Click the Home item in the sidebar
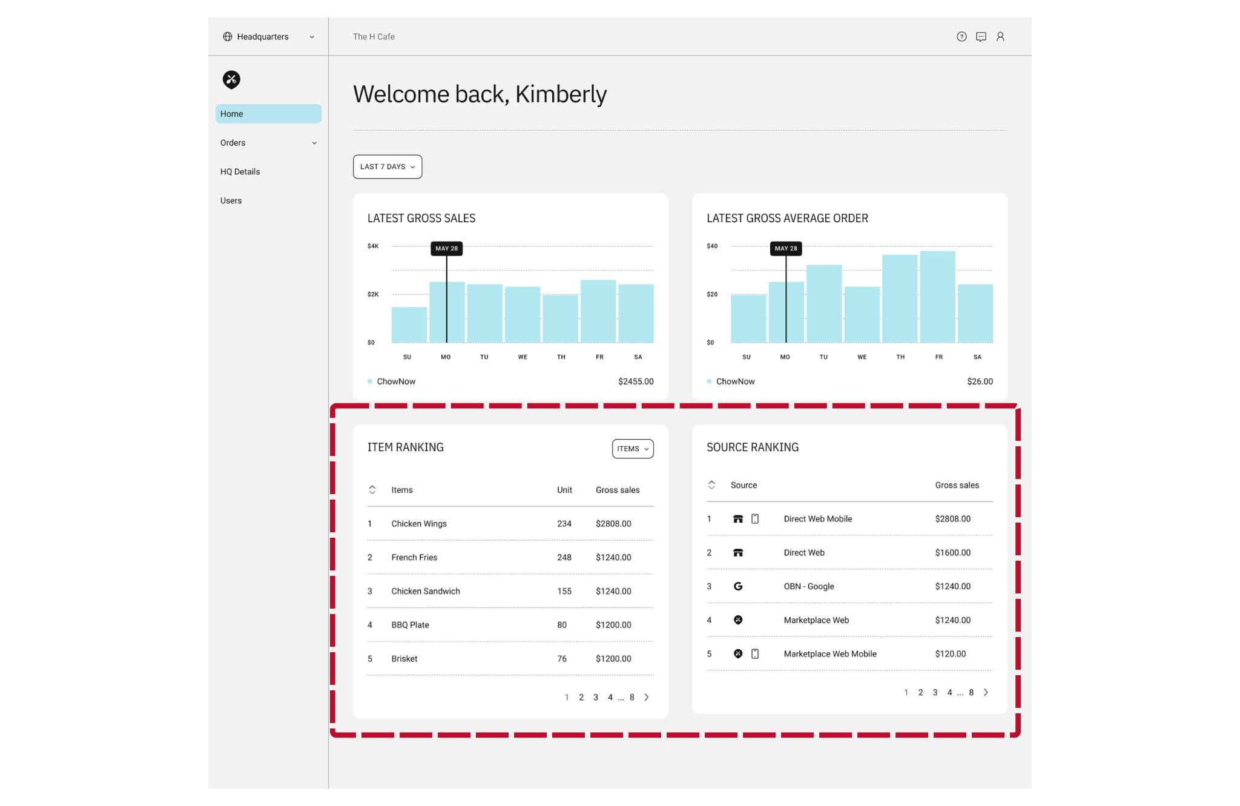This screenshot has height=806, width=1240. [268, 114]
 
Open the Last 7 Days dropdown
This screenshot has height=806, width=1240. [387, 167]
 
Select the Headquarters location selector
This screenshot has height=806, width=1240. [268, 37]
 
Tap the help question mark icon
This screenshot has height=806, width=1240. [961, 37]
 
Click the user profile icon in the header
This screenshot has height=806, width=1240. [1000, 37]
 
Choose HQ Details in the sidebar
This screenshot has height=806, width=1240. [240, 172]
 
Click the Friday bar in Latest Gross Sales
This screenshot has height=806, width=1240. [598, 311]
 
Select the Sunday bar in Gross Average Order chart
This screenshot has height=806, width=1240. [748, 319]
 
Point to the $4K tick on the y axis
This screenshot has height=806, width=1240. [373, 246]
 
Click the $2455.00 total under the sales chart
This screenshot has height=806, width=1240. [636, 382]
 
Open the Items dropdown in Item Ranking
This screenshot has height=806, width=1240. [633, 449]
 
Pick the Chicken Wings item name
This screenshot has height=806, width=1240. [419, 524]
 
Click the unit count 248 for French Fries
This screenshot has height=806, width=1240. [564, 558]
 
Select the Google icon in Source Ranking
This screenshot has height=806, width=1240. [738, 586]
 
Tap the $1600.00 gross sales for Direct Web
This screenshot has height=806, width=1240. [952, 553]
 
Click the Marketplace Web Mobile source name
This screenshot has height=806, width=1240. [830, 654]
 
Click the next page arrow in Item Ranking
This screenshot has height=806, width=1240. [647, 698]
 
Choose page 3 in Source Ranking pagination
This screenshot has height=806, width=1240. [935, 693]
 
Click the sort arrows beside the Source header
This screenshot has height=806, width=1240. [711, 485]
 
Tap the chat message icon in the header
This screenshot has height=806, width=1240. [981, 37]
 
